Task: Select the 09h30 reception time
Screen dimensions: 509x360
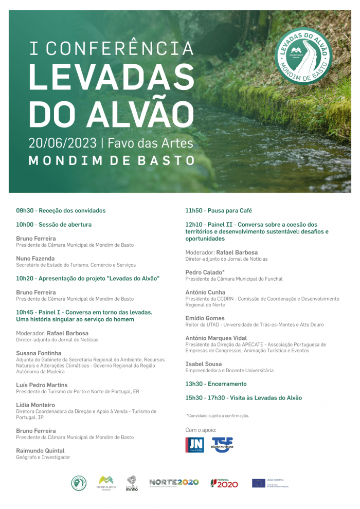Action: (25, 211)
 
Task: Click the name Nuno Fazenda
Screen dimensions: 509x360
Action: (35, 259)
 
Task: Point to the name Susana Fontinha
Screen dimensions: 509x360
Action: (39, 353)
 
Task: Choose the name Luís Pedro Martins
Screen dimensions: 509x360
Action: (42, 385)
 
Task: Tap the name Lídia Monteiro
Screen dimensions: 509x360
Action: (35, 405)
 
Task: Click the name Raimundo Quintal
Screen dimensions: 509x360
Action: (40, 451)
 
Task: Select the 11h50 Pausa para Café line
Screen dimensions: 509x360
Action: (219, 211)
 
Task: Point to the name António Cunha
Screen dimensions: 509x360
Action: (205, 292)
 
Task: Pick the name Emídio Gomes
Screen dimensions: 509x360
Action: (205, 318)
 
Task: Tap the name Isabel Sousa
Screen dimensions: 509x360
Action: (204, 364)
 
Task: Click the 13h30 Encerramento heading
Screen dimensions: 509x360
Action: (216, 384)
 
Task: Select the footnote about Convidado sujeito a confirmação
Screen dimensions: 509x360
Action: (218, 415)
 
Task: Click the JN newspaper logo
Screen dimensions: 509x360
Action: (194, 445)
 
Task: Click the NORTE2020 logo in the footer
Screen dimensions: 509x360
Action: (174, 482)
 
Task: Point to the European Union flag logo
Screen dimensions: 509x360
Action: (258, 483)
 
